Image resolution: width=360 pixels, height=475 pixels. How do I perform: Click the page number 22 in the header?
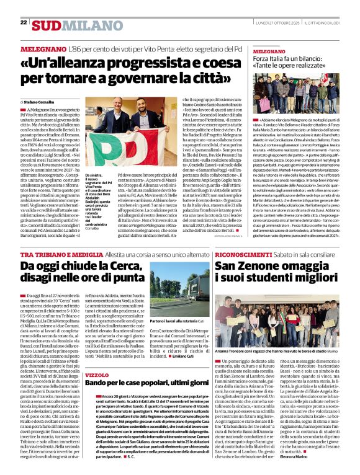pos(24,22)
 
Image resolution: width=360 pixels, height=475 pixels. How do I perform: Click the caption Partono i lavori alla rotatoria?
pos(177,322)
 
